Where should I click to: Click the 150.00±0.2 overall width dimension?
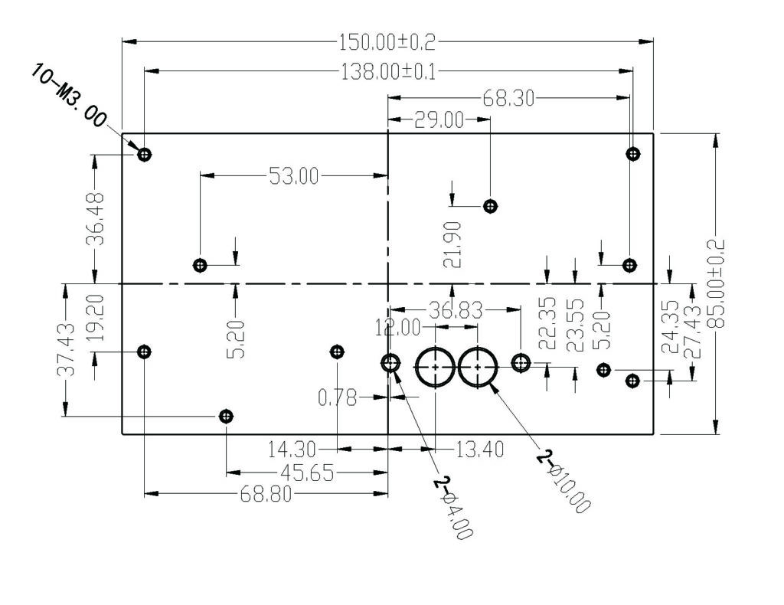pos(387,42)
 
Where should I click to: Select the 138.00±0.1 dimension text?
pos(388,71)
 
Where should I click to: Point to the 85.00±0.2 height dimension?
pos(717,284)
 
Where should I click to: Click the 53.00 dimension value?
pos(293,176)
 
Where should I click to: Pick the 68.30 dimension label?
pos(508,99)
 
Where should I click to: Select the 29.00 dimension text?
pos(439,120)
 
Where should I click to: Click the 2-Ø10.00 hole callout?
pos(564,482)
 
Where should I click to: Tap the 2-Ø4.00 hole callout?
pos(453,508)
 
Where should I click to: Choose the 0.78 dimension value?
pos(338,398)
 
